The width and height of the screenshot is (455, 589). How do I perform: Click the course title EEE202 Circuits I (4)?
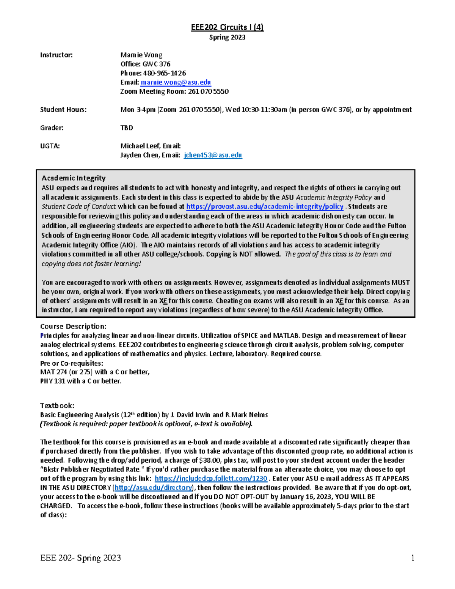[x=227, y=27]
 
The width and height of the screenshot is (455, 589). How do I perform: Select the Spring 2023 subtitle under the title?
[x=227, y=37]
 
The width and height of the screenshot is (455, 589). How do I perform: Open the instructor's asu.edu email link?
[x=176, y=82]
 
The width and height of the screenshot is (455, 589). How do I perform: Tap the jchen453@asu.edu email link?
[x=213, y=155]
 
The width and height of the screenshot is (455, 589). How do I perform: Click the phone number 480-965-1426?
[x=164, y=73]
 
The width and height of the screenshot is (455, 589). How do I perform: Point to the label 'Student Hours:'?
[x=63, y=110]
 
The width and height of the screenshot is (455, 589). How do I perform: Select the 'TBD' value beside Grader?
[x=127, y=128]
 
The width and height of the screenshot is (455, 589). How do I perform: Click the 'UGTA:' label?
[x=50, y=146]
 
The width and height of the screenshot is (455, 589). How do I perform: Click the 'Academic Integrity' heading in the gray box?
[x=74, y=178]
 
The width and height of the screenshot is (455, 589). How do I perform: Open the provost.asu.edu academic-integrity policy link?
[x=265, y=207]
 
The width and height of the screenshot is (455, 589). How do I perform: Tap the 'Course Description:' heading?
[x=73, y=326]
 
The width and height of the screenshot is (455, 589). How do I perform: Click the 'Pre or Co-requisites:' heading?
[x=72, y=363]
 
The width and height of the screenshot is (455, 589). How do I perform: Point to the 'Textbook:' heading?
[x=57, y=405]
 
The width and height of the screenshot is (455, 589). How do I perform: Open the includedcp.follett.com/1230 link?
[x=211, y=479]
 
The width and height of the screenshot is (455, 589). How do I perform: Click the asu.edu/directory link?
[x=154, y=488]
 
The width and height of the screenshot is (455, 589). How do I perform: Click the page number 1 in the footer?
[x=413, y=558]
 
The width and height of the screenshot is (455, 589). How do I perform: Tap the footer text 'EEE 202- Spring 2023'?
[x=81, y=558]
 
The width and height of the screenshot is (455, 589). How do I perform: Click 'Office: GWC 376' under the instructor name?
[x=145, y=64]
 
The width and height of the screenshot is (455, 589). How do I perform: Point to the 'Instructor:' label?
[x=56, y=55]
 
